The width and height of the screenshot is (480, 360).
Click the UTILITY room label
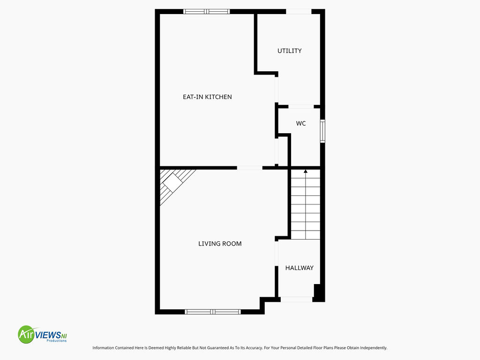point(289,51)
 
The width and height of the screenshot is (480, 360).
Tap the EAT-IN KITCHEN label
point(207,97)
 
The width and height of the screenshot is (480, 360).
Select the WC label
point(300,123)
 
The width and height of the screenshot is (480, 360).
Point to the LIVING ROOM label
point(220,244)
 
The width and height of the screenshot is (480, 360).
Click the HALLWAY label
point(300,268)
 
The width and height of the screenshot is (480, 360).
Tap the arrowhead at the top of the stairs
point(306,172)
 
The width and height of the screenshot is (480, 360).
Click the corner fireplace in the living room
point(174,185)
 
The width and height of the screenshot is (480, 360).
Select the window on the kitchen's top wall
point(207,12)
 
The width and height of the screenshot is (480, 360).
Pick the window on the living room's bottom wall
point(213,312)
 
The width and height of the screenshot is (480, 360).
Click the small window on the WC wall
point(322,131)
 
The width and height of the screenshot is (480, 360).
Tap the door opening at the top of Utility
point(299,12)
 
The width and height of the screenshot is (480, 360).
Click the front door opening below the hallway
point(296,300)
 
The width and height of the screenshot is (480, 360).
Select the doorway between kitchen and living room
point(249,168)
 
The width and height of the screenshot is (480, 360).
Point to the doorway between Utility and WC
point(301,106)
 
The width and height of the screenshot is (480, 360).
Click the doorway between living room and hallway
point(277,254)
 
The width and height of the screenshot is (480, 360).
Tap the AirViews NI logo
point(42,334)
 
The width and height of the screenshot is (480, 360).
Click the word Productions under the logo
point(57,341)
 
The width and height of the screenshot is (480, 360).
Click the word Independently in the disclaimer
point(374,348)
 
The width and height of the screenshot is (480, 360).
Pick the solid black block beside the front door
point(318,293)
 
